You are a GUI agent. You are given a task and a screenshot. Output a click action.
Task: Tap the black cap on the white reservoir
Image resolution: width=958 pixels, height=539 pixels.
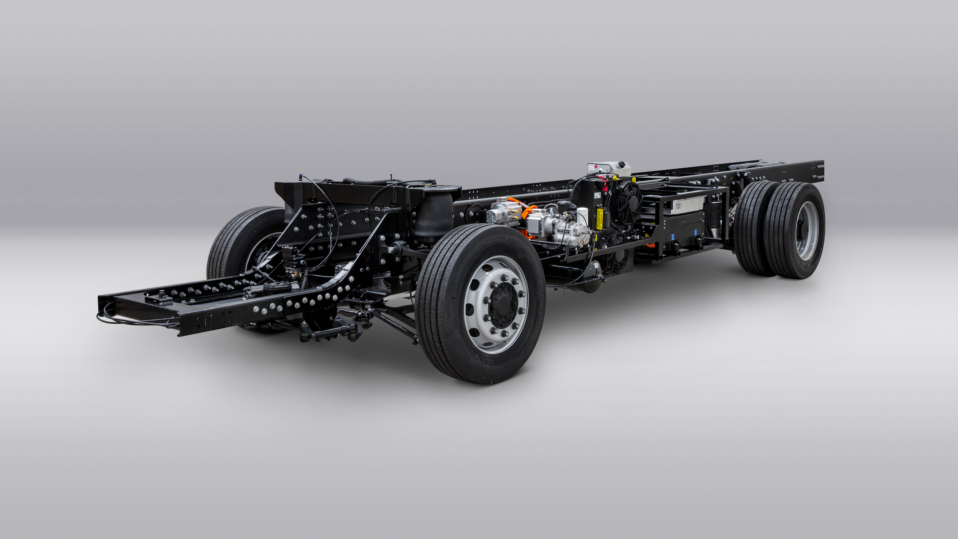622,164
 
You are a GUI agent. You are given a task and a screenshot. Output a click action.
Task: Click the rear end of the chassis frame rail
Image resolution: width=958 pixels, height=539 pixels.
818,170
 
